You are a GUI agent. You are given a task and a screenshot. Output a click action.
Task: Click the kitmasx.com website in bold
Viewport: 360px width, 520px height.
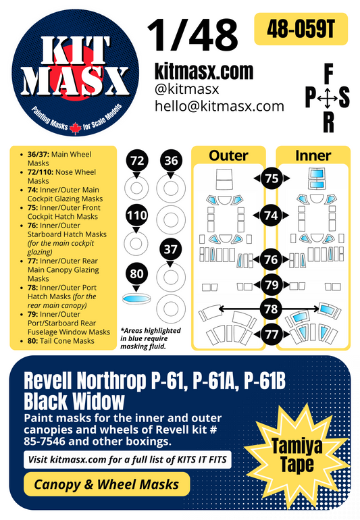point(203,71)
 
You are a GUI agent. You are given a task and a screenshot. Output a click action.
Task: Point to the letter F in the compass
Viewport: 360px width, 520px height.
point(328,72)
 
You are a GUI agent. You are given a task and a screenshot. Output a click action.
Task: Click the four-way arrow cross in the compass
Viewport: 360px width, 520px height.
point(328,99)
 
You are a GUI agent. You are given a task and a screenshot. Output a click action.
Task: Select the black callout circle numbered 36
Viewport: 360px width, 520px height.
point(170,160)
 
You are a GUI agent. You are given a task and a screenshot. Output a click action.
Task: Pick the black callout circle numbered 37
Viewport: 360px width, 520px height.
point(170,249)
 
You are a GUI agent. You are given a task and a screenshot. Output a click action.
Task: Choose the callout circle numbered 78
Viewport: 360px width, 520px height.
point(272,309)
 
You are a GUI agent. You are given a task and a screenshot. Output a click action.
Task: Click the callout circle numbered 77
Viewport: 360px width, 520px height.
point(272,333)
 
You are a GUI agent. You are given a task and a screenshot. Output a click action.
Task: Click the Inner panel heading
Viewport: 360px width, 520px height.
point(313,155)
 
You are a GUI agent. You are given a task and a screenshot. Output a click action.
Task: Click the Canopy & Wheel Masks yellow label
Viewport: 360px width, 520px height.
point(106,484)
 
